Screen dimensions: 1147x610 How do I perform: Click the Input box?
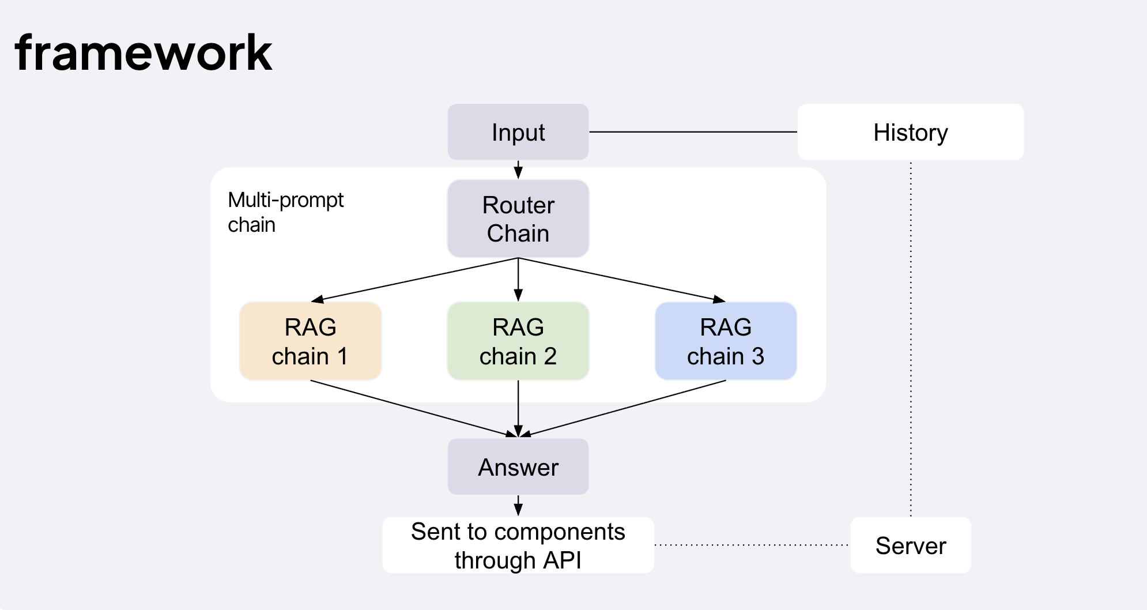coord(518,132)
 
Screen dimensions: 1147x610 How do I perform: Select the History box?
coord(911,132)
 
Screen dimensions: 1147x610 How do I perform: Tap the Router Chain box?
coord(518,219)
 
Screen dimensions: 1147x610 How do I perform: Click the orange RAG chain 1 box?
coord(311,341)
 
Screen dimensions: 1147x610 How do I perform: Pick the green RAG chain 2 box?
coord(518,341)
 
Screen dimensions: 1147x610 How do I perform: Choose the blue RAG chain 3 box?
coord(726,341)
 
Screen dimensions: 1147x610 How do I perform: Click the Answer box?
coord(518,466)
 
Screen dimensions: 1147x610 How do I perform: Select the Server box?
coord(911,545)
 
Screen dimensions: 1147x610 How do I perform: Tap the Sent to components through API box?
coord(518,545)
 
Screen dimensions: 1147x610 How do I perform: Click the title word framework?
coord(144,53)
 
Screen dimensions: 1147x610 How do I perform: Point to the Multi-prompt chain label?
coord(285,212)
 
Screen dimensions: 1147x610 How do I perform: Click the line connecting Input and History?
coord(693,132)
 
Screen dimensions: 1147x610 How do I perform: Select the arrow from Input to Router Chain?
coord(518,170)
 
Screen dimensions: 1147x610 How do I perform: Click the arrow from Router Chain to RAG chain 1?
coord(414,280)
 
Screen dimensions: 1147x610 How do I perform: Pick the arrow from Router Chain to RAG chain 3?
coord(622,280)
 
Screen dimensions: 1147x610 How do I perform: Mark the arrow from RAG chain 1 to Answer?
coord(414,408)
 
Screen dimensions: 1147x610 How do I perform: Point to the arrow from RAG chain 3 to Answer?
coord(622,408)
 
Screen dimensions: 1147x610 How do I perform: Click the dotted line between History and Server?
coord(911,338)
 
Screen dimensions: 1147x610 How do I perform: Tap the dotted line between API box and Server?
coord(752,545)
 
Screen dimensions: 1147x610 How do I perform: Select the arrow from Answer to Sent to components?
coord(518,505)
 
